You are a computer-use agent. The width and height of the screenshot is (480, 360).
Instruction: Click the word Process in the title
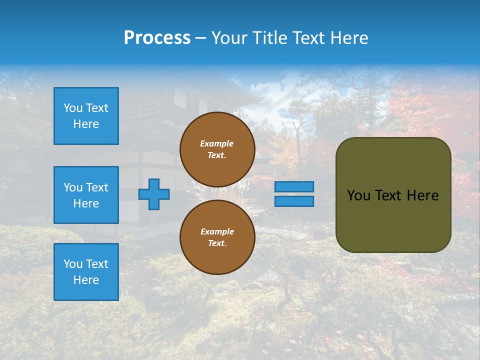click(x=157, y=38)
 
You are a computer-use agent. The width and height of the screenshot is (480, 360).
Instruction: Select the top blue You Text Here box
click(x=86, y=116)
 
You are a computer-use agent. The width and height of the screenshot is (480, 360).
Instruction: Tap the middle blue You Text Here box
click(x=86, y=195)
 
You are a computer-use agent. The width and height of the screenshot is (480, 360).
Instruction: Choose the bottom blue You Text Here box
click(x=86, y=272)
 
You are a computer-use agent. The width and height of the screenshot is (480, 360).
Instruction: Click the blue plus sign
click(x=154, y=194)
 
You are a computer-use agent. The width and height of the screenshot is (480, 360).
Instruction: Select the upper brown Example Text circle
click(x=217, y=149)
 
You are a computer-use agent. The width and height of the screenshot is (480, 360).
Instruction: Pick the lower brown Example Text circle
click(x=217, y=237)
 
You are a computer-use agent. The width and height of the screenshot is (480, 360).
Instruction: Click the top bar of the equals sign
click(x=294, y=186)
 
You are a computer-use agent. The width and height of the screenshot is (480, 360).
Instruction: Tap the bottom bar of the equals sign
click(x=294, y=201)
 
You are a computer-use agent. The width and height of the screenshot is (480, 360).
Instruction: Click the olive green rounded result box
click(x=393, y=220)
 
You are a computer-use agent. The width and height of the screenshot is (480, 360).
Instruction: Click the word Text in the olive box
click(x=388, y=195)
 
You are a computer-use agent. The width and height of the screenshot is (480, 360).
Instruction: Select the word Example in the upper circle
click(x=217, y=143)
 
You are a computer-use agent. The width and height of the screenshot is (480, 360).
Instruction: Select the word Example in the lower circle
click(x=217, y=231)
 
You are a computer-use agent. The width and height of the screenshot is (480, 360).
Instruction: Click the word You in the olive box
click(x=358, y=195)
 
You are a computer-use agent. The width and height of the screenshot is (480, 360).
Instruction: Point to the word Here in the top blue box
click(x=86, y=124)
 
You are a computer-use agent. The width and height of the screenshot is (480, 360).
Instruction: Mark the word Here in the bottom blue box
click(x=86, y=280)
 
